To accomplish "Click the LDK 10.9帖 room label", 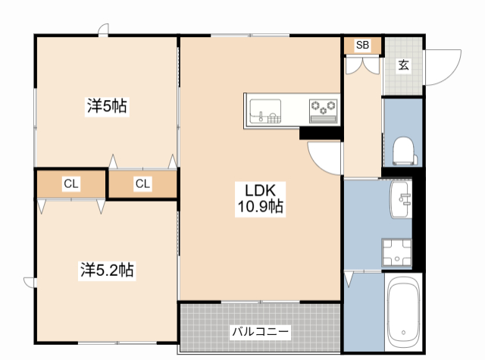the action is pyautogui.click(x=260, y=199).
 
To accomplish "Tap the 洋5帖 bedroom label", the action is pyautogui.click(x=107, y=106).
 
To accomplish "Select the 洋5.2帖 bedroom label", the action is pyautogui.click(x=107, y=270).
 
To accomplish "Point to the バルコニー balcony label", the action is pyautogui.click(x=261, y=332).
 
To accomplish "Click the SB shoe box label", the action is pyautogui.click(x=362, y=45).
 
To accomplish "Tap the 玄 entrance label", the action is pyautogui.click(x=403, y=65).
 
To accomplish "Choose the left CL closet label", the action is pyautogui.click(x=71, y=184).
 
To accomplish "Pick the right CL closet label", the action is pyautogui.click(x=142, y=184).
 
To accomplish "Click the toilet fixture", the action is pyautogui.click(x=404, y=151).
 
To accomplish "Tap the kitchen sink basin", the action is pyautogui.click(x=265, y=111).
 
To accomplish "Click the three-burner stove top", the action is pyautogui.click(x=324, y=111).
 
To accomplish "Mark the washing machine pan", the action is pyautogui.click(x=397, y=252).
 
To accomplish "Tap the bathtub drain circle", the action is pyautogui.click(x=403, y=333).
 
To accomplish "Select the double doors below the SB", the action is pyautogui.click(x=362, y=66).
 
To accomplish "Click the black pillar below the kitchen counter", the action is pyautogui.click(x=321, y=133).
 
